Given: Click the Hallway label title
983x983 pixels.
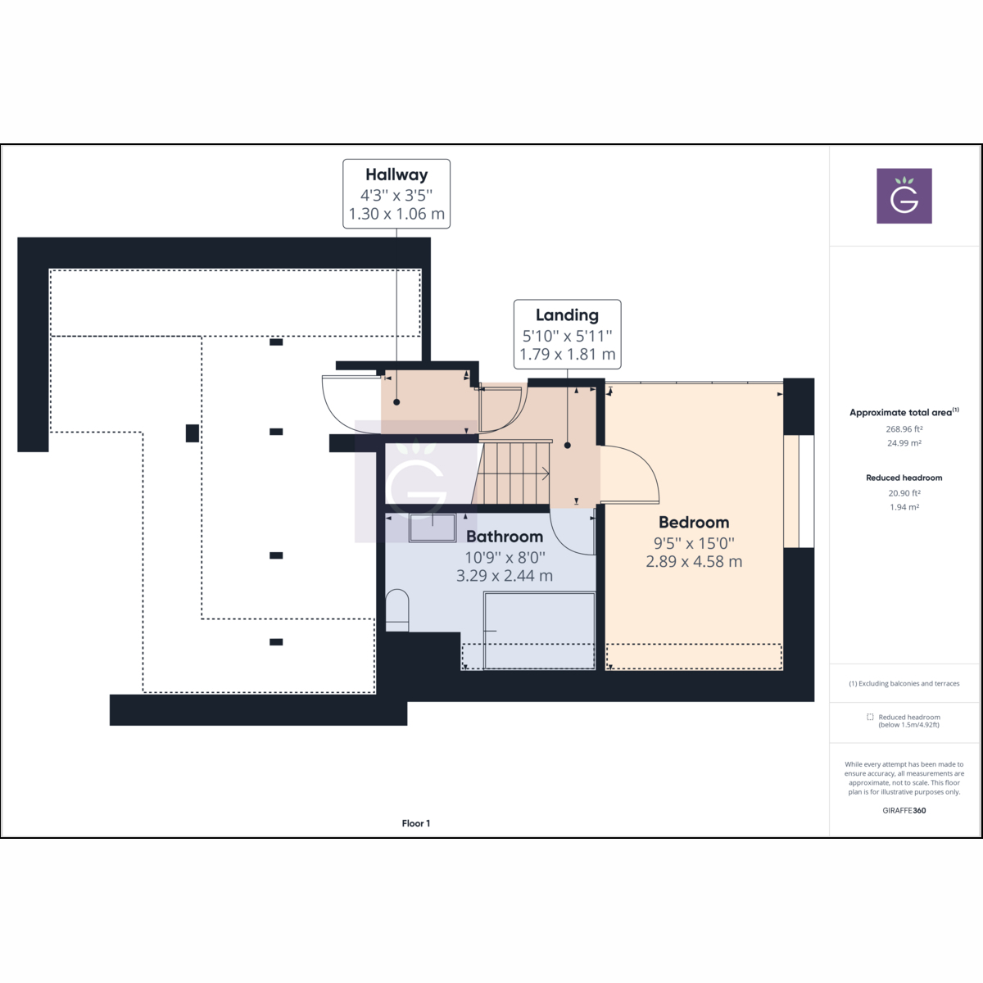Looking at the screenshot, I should (396, 174).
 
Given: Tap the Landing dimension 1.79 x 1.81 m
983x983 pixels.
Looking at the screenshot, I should (567, 355).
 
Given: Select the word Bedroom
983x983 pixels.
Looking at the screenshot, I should (694, 523).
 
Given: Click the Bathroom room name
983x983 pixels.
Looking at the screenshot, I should (505, 537).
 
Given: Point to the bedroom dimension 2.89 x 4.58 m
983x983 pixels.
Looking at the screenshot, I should (694, 562).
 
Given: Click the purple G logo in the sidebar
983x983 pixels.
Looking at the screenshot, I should (904, 196).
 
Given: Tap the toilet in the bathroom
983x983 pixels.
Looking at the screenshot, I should (397, 610).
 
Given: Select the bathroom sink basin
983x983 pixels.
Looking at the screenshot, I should (432, 528).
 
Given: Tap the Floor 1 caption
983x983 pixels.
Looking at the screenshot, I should (415, 823).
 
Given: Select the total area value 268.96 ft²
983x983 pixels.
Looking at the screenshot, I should (904, 429).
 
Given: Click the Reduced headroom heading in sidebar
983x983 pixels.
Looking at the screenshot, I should (904, 478).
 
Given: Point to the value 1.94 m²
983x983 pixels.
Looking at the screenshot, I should (904, 508).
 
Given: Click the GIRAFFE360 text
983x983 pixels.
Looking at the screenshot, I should (904, 810).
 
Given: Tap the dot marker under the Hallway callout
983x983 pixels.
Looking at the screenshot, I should (396, 402).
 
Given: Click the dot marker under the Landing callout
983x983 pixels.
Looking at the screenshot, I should (568, 446).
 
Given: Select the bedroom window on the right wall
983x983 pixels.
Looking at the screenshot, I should (799, 491).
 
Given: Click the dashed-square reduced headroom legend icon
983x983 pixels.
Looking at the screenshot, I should (870, 717).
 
